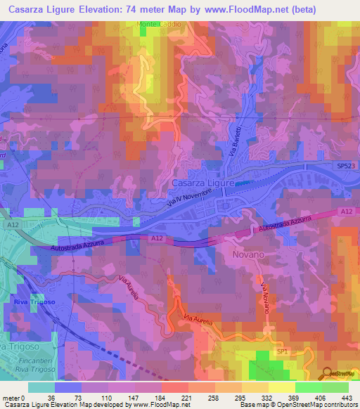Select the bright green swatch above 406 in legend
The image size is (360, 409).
tap(308, 387)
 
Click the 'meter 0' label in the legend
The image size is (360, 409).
tap(13, 397)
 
